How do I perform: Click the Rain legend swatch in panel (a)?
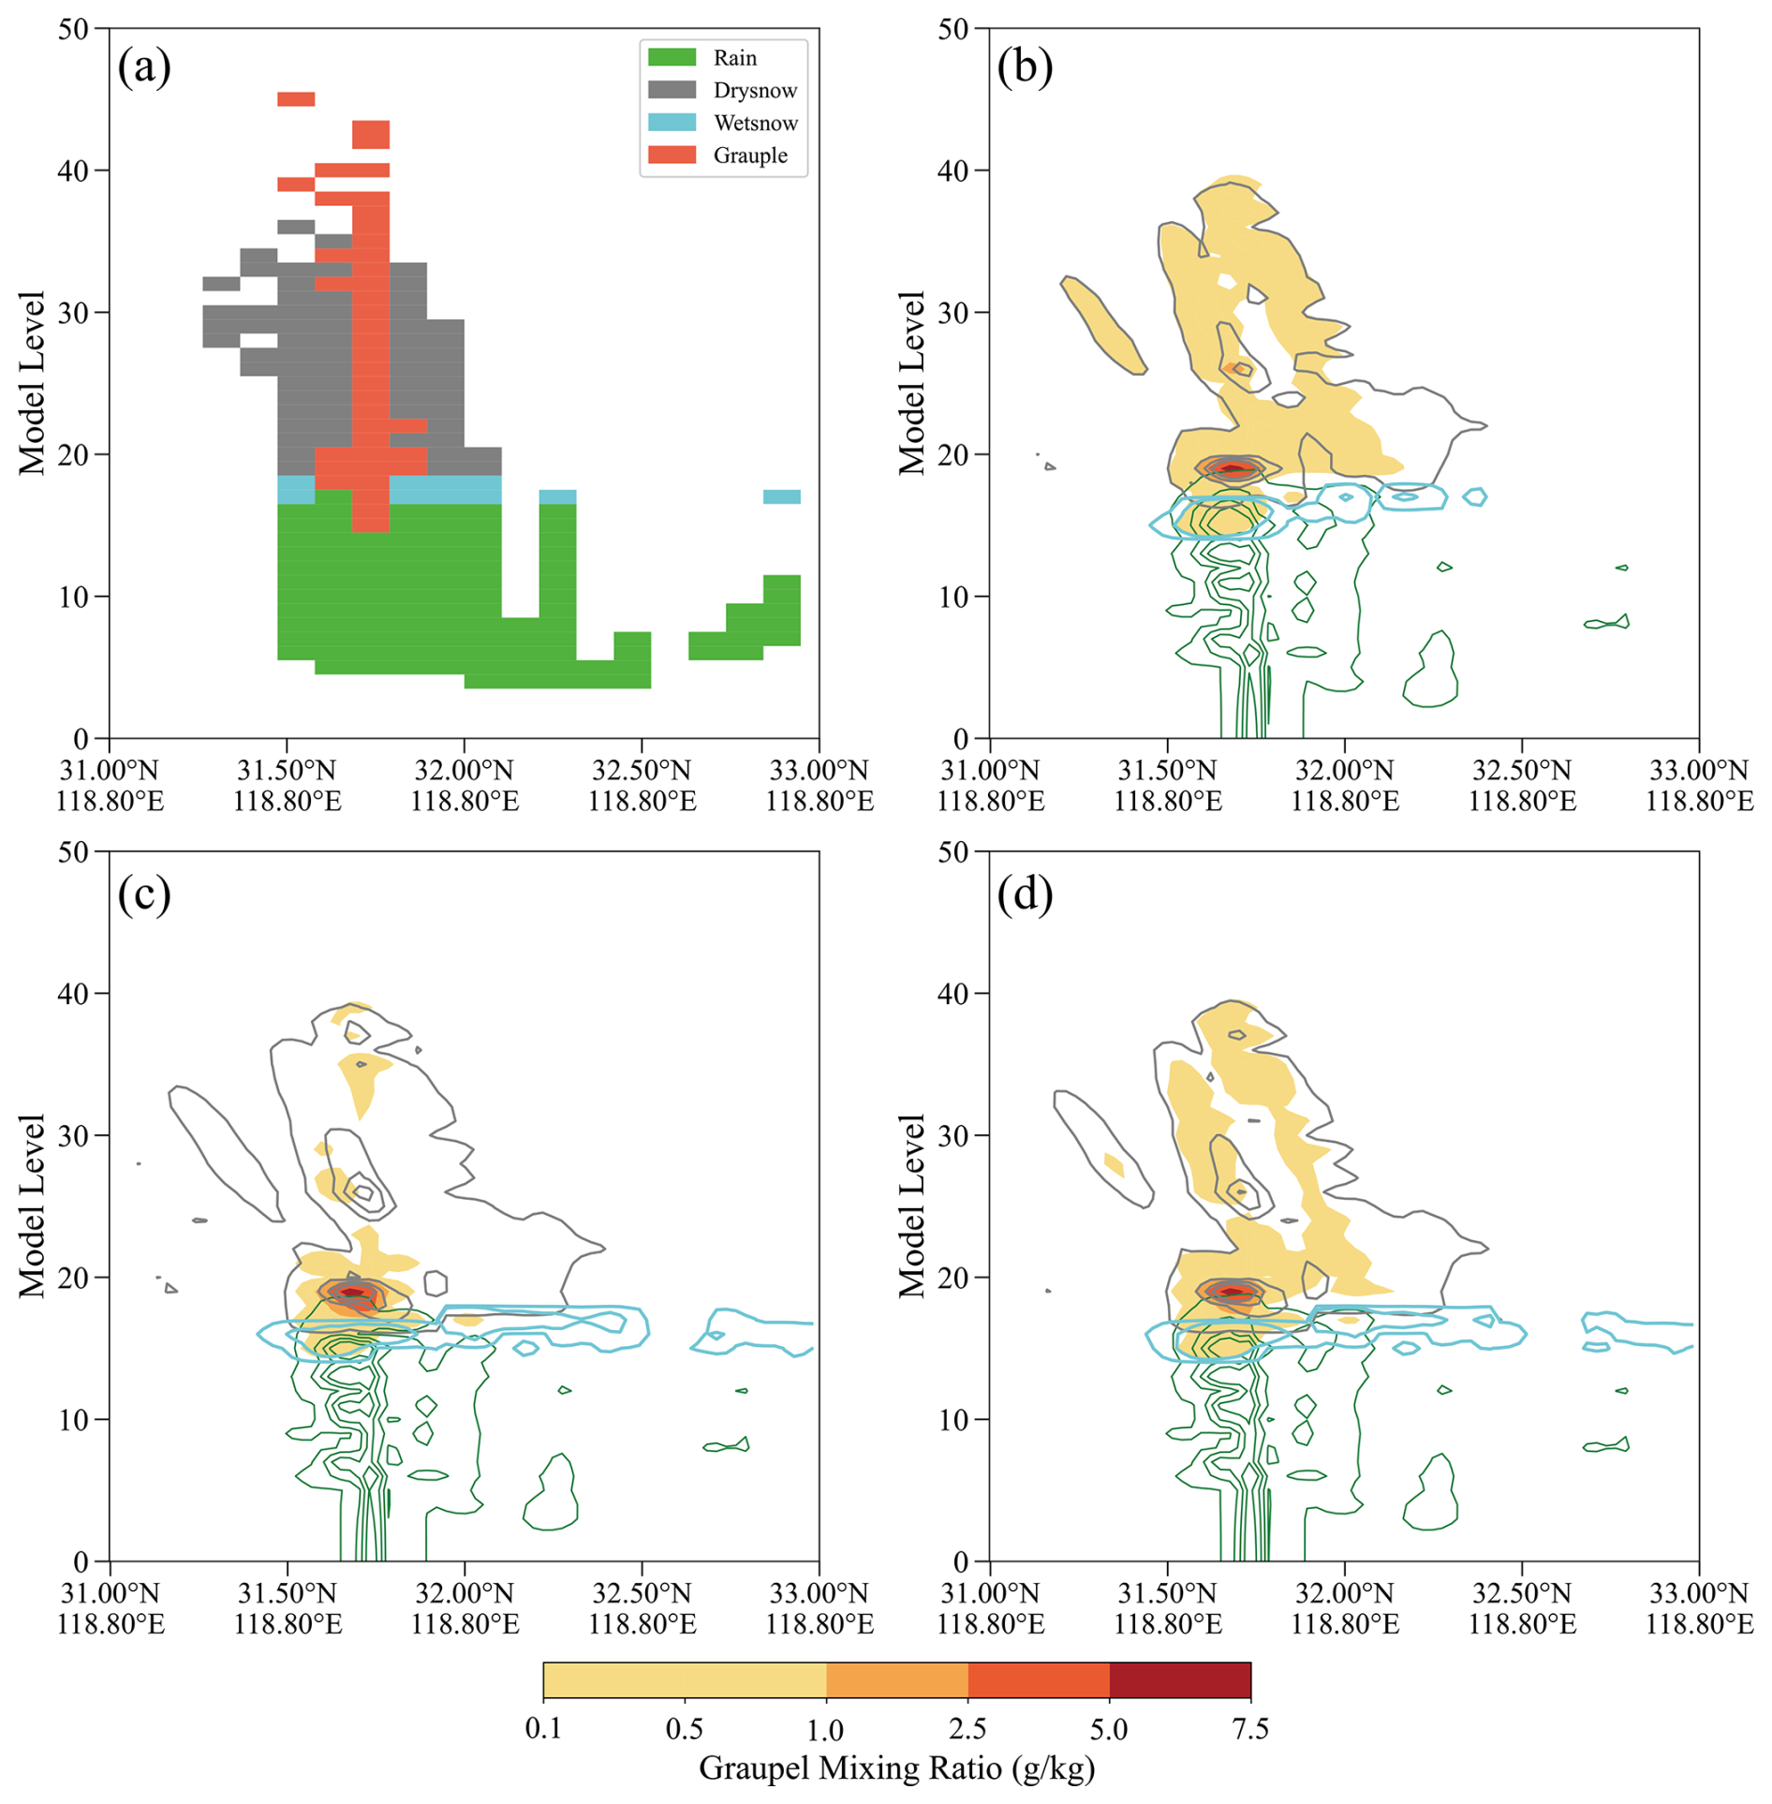(x=672, y=57)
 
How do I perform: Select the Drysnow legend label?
(x=755, y=90)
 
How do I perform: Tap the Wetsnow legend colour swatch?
(x=672, y=123)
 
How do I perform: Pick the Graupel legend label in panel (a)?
(x=750, y=155)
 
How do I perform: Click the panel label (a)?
(x=144, y=67)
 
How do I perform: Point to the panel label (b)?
(x=1025, y=67)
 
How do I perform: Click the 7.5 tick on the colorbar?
(x=1250, y=1728)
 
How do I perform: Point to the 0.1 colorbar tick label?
(x=543, y=1728)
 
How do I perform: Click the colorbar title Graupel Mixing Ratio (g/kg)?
(x=896, y=1767)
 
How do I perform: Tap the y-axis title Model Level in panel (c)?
(x=32, y=1205)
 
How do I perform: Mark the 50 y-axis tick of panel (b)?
(x=952, y=29)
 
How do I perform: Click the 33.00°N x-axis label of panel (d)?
(x=1699, y=1592)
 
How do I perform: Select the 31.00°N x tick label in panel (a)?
(x=110, y=771)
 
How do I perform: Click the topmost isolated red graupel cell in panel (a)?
(x=296, y=99)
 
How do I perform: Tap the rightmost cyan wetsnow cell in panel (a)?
(x=781, y=496)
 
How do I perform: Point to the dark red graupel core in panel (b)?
(x=1232, y=468)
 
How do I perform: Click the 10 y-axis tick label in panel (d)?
(x=952, y=1420)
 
